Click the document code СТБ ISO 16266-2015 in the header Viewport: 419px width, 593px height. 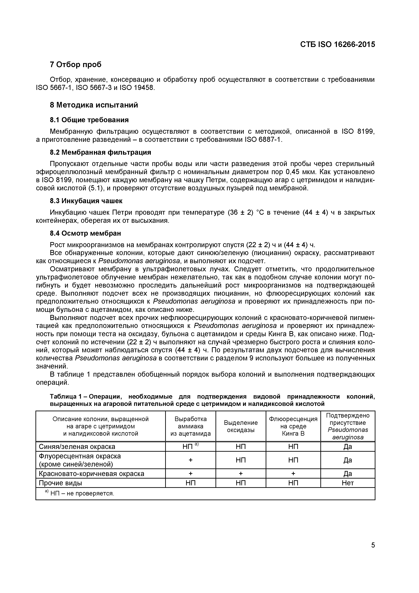point(337,44)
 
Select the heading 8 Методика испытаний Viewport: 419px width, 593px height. point(94,105)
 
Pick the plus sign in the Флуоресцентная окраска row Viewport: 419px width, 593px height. point(190,460)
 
